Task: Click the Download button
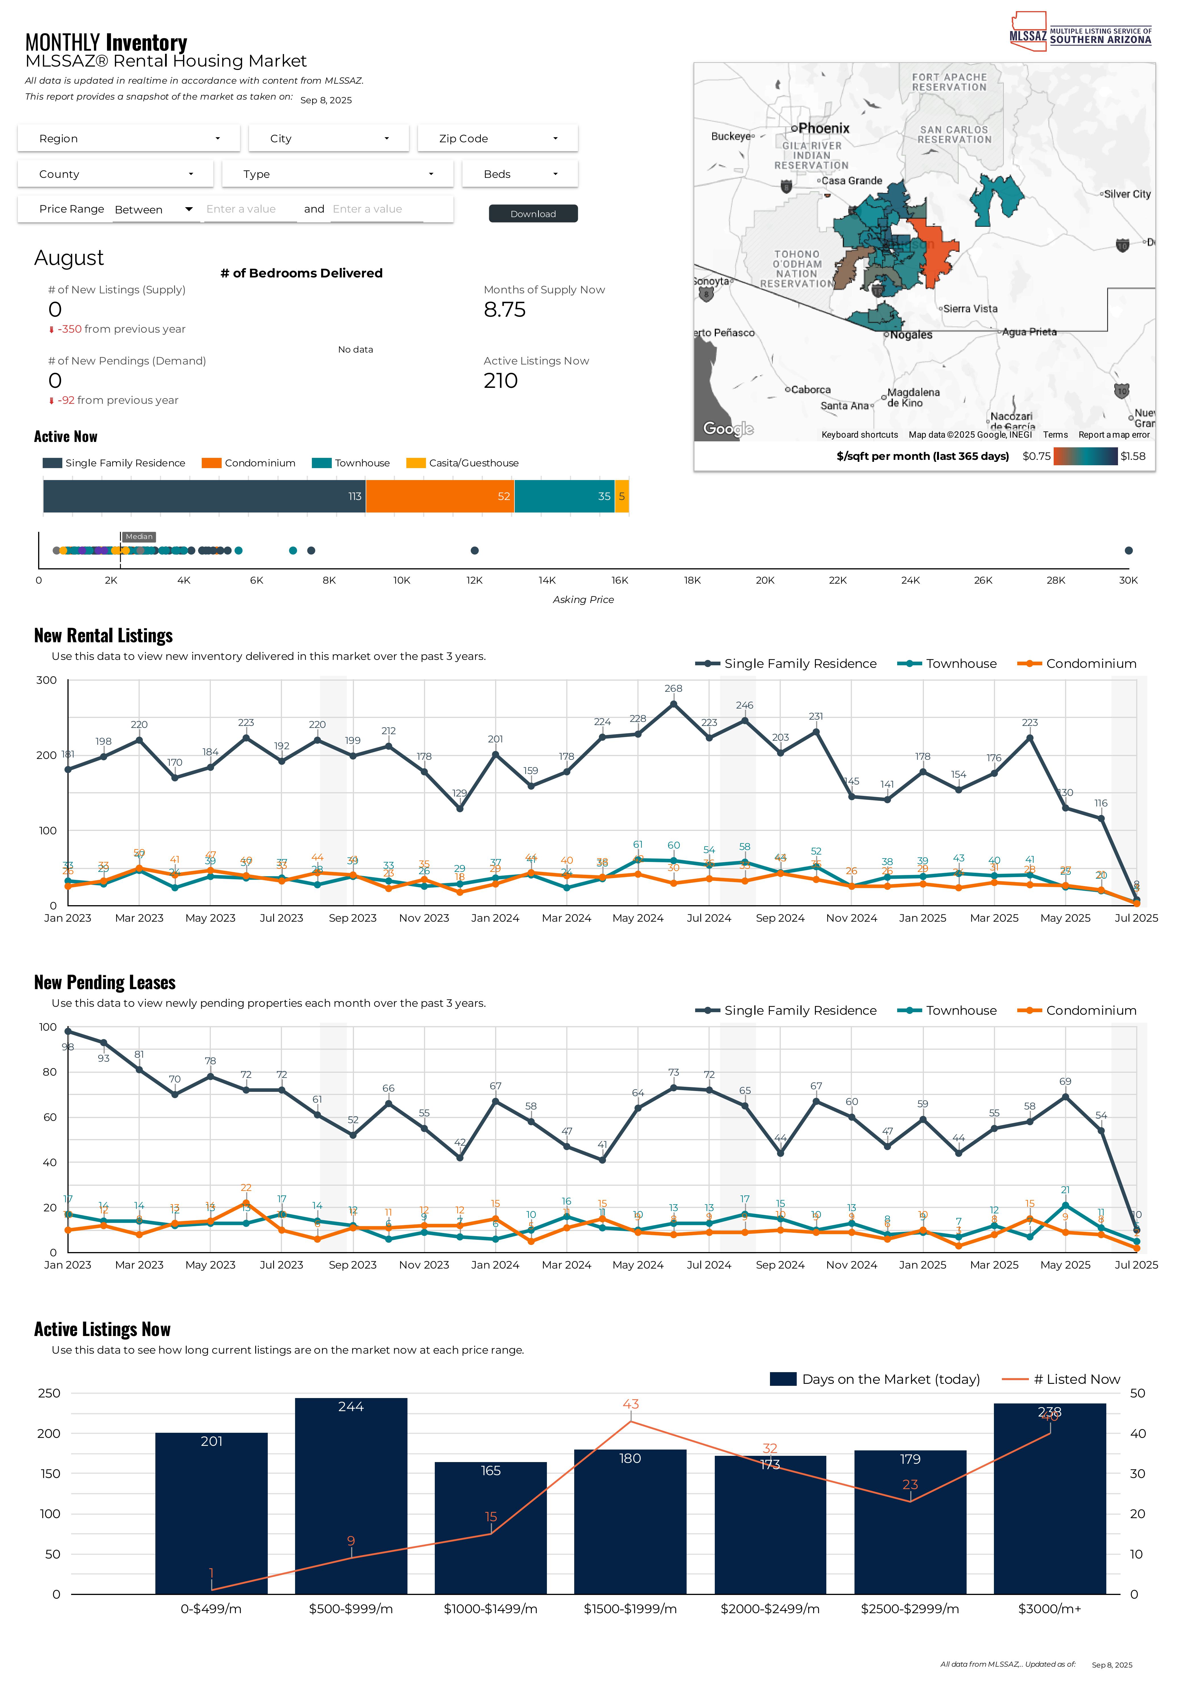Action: pyautogui.click(x=533, y=213)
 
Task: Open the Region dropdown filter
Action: pyautogui.click(x=129, y=138)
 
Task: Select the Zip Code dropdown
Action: pyautogui.click(x=498, y=138)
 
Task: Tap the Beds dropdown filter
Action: pyautogui.click(x=520, y=174)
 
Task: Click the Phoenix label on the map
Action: pyautogui.click(x=823, y=128)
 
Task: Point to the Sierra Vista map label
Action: pyautogui.click(x=970, y=308)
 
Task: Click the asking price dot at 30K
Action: pyautogui.click(x=1128, y=551)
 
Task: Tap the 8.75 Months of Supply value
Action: pyautogui.click(x=505, y=310)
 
